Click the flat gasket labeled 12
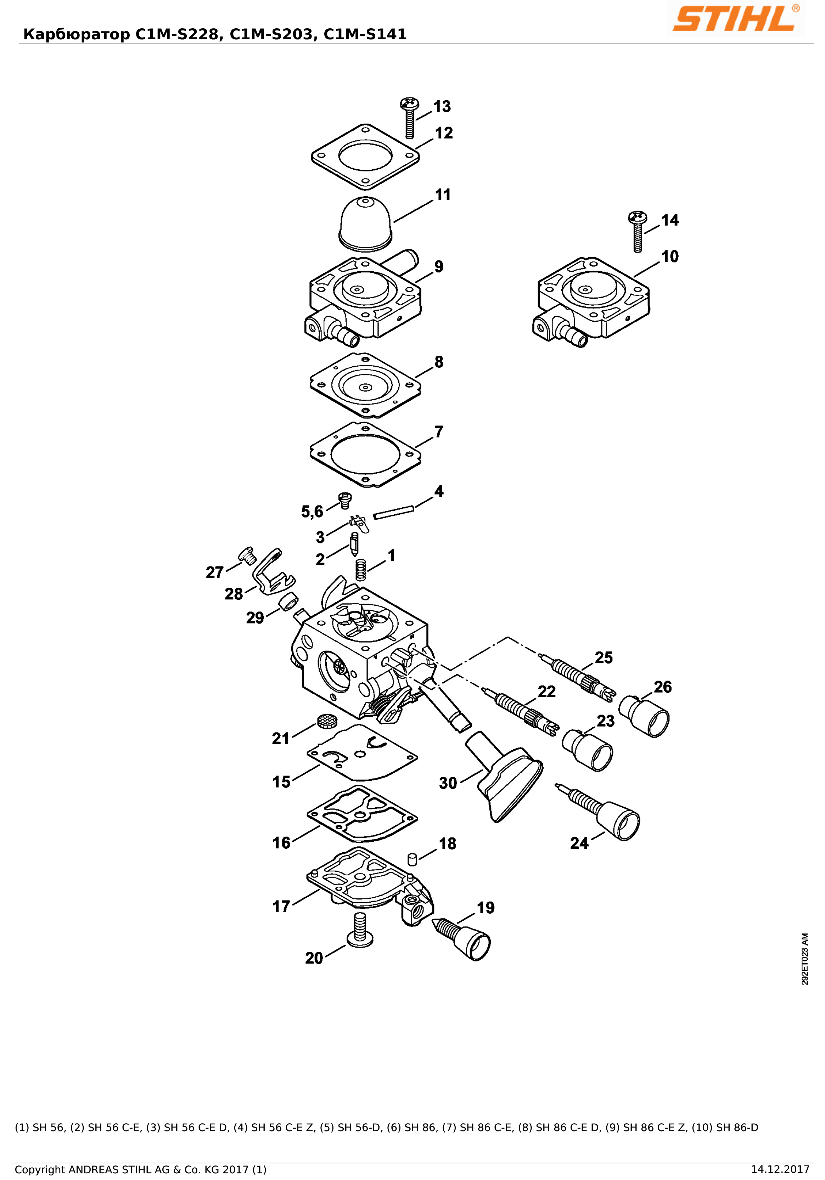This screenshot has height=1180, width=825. coord(365,157)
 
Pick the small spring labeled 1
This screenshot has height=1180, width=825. coord(361,570)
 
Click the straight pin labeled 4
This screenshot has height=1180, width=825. coord(394,512)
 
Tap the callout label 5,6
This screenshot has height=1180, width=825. coord(312,512)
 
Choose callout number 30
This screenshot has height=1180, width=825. coord(448,783)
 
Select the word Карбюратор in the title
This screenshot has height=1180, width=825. coord(77,34)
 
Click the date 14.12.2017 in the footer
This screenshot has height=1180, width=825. coord(780,1170)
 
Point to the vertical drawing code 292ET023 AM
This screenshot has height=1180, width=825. coord(805,959)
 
